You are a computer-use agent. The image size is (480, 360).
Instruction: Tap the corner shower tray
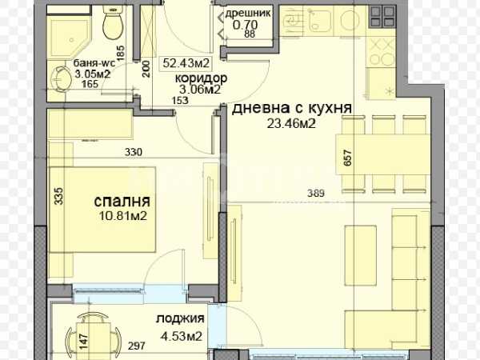point(69,38)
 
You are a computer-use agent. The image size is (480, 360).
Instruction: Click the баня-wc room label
point(94,63)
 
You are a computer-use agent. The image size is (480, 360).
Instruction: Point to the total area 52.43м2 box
point(186,63)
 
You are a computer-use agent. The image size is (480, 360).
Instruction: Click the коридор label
point(201,78)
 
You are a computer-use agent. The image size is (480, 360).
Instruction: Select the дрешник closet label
point(248,13)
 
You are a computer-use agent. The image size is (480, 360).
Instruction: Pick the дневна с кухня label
point(291,108)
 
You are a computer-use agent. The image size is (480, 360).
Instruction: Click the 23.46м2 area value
point(291,124)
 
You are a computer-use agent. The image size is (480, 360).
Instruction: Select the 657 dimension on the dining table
point(347,158)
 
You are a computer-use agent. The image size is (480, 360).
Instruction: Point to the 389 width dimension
point(316,193)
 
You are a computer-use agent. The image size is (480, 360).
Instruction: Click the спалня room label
point(122,202)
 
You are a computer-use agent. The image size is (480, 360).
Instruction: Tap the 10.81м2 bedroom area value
point(123,216)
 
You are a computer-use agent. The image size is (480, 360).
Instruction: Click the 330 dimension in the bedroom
point(134,152)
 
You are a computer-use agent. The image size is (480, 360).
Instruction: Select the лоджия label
point(180,318)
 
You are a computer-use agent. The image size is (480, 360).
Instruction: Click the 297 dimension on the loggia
point(137,346)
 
